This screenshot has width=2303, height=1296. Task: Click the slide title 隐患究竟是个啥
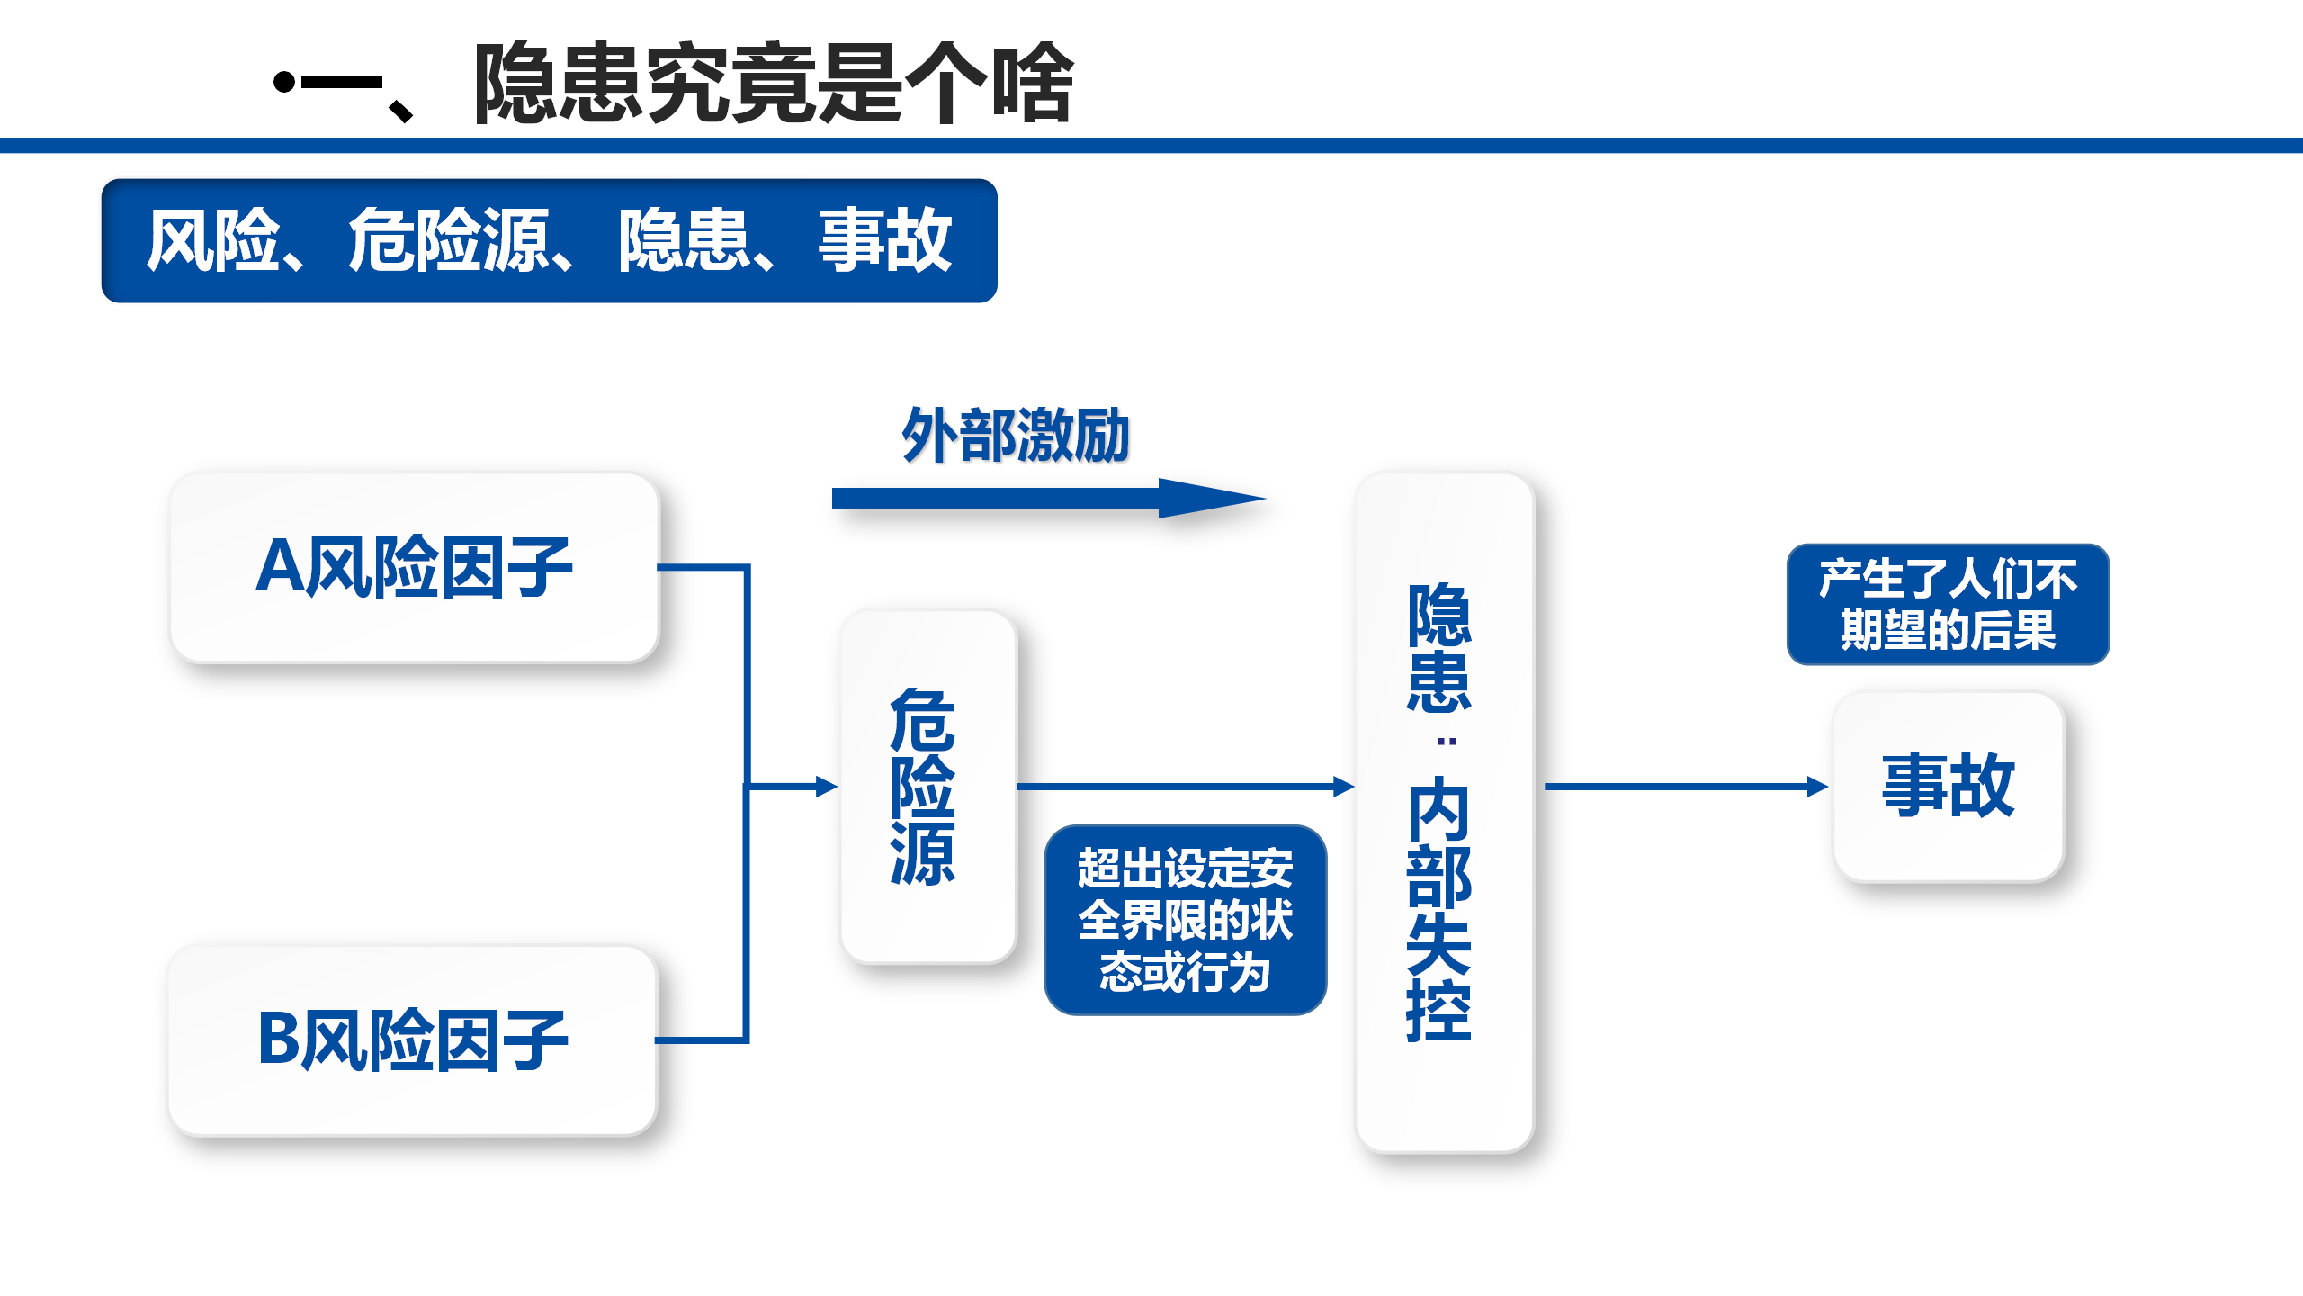[x=774, y=83]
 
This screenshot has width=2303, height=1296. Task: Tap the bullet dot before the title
[x=284, y=83]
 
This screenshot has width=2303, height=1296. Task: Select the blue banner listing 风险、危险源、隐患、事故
[x=549, y=240]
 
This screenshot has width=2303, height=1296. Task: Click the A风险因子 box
[x=415, y=568]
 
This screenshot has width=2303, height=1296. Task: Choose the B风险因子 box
[x=413, y=1040]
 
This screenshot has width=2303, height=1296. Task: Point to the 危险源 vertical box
[x=927, y=787]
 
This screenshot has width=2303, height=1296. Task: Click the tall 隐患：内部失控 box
[x=1444, y=812]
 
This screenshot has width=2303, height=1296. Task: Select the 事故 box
[x=1949, y=787]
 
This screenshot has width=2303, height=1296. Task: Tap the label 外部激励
[x=1016, y=436]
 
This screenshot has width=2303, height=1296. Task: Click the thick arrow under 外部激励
[x=1049, y=498]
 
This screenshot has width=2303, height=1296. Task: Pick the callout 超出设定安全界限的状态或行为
[x=1185, y=920]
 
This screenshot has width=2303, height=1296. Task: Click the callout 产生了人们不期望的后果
[x=1948, y=604]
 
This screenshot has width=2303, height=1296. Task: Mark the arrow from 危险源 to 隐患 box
[x=1186, y=787]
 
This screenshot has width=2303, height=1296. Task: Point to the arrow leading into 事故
[x=1686, y=787]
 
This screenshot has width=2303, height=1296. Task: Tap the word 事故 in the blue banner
[x=885, y=240]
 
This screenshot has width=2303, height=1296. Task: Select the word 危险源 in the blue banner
[x=448, y=240]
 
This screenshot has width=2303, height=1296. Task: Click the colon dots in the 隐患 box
[x=1447, y=742]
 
